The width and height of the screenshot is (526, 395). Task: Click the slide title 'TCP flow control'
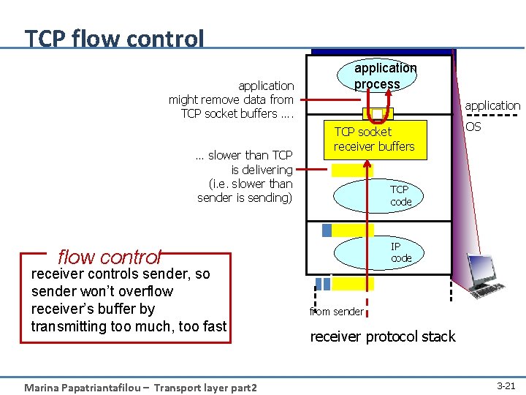(x=114, y=38)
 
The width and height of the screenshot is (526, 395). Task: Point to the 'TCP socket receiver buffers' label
(x=373, y=139)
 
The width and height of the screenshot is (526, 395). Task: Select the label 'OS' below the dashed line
(x=473, y=127)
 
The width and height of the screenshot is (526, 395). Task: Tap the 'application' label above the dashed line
(x=492, y=105)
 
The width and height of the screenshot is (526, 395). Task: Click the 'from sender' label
(x=337, y=312)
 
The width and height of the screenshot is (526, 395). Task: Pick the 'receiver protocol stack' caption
(x=382, y=336)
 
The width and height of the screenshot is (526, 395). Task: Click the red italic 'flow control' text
(x=109, y=257)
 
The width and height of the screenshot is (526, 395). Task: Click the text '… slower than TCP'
(x=244, y=155)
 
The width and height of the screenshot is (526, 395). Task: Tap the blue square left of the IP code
(x=327, y=230)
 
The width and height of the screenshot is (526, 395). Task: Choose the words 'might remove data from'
(x=231, y=99)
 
